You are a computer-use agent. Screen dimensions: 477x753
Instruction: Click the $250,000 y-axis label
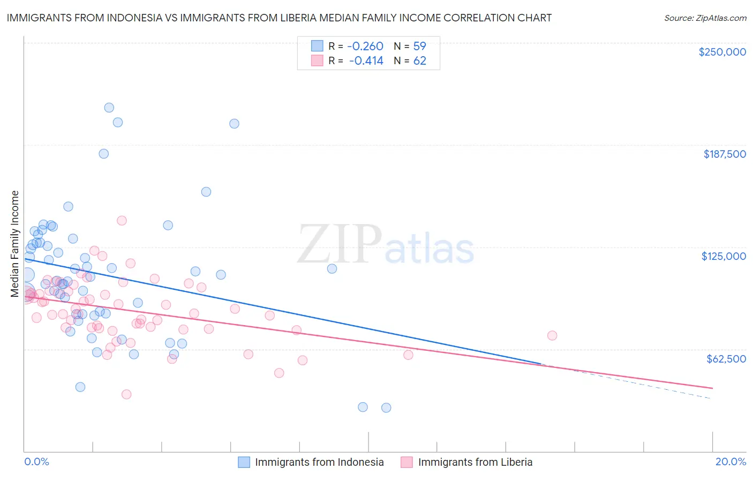point(722,52)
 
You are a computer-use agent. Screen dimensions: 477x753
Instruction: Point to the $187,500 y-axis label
point(724,154)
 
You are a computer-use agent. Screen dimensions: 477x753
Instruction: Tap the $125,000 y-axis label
point(724,256)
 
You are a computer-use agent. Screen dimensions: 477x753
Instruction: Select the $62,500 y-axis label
point(726,359)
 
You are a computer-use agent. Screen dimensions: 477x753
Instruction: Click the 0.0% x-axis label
point(36,461)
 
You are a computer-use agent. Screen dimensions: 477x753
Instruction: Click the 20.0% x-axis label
point(731,461)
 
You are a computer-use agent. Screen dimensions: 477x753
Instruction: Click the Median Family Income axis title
point(15,244)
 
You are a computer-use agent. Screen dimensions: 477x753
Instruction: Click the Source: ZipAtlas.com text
point(705,18)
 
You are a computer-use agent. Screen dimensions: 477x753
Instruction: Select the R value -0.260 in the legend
point(366,46)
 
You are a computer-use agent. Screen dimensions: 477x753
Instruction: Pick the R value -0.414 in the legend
point(366,61)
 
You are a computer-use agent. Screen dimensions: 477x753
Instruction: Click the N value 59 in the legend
point(419,46)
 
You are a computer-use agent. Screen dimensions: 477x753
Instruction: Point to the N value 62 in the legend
point(419,61)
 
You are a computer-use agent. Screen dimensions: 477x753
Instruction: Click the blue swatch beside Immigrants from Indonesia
point(244,462)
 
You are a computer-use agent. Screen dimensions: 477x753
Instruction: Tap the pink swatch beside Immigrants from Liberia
point(407,462)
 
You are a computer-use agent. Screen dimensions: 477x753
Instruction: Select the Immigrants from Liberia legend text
point(475,462)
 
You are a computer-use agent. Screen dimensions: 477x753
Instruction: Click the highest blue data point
point(109,107)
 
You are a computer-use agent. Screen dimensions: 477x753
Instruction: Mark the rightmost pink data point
point(552,335)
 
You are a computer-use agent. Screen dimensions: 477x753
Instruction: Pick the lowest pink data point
point(126,394)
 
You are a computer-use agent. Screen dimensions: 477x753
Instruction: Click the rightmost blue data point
point(386,407)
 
